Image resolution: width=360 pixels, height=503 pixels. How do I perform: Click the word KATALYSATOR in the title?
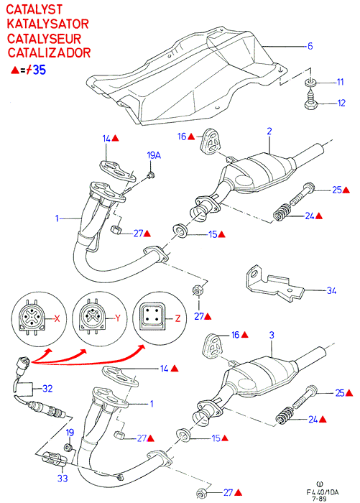(47, 24)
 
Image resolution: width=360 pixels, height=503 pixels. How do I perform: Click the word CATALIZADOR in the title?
(49, 53)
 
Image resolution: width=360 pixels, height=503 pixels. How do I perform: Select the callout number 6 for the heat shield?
(310, 46)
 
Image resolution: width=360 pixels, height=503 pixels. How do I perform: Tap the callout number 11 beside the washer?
(340, 82)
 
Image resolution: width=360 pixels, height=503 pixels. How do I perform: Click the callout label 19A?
(154, 156)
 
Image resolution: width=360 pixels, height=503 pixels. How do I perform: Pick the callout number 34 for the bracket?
(331, 291)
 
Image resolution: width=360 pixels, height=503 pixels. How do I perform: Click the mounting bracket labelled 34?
(274, 283)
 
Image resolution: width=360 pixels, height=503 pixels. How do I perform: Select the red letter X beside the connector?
(57, 318)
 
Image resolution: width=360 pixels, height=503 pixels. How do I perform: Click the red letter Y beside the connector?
(118, 318)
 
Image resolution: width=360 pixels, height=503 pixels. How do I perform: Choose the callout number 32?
(47, 389)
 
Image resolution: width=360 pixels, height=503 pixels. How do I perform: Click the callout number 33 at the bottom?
(63, 479)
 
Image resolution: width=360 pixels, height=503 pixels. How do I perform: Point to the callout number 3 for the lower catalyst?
(272, 336)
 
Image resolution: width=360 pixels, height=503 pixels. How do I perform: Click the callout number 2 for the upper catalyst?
(269, 131)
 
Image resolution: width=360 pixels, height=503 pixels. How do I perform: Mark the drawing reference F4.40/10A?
(323, 492)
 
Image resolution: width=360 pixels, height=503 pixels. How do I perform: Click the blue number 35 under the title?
(40, 70)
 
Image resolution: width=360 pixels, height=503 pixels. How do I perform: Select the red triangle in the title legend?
(15, 70)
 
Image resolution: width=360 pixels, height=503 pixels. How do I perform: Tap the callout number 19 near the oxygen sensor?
(70, 433)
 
